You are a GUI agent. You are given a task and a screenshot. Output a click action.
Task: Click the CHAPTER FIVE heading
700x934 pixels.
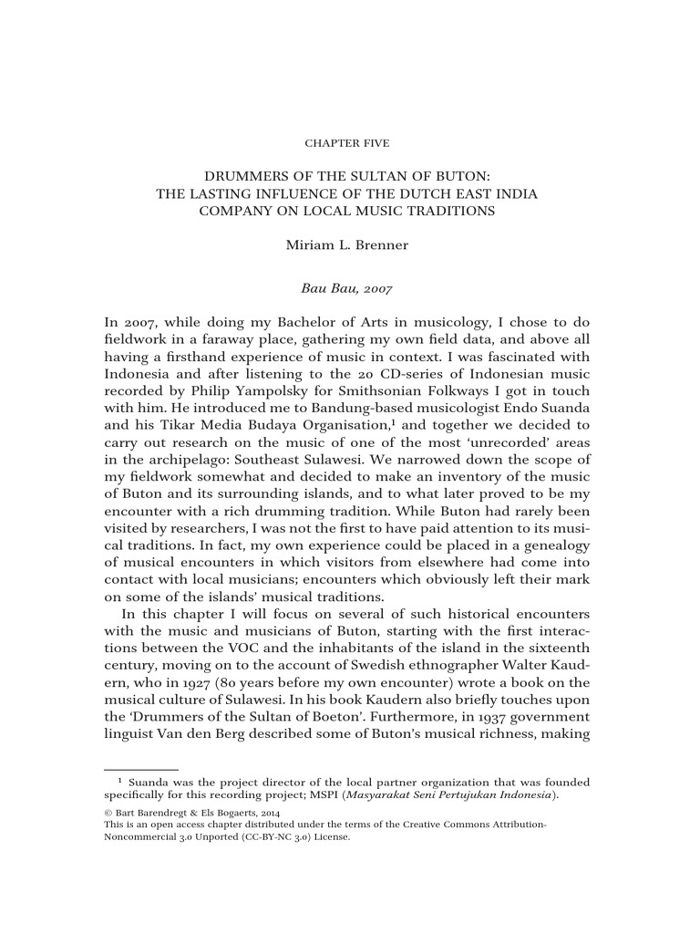[350, 143]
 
